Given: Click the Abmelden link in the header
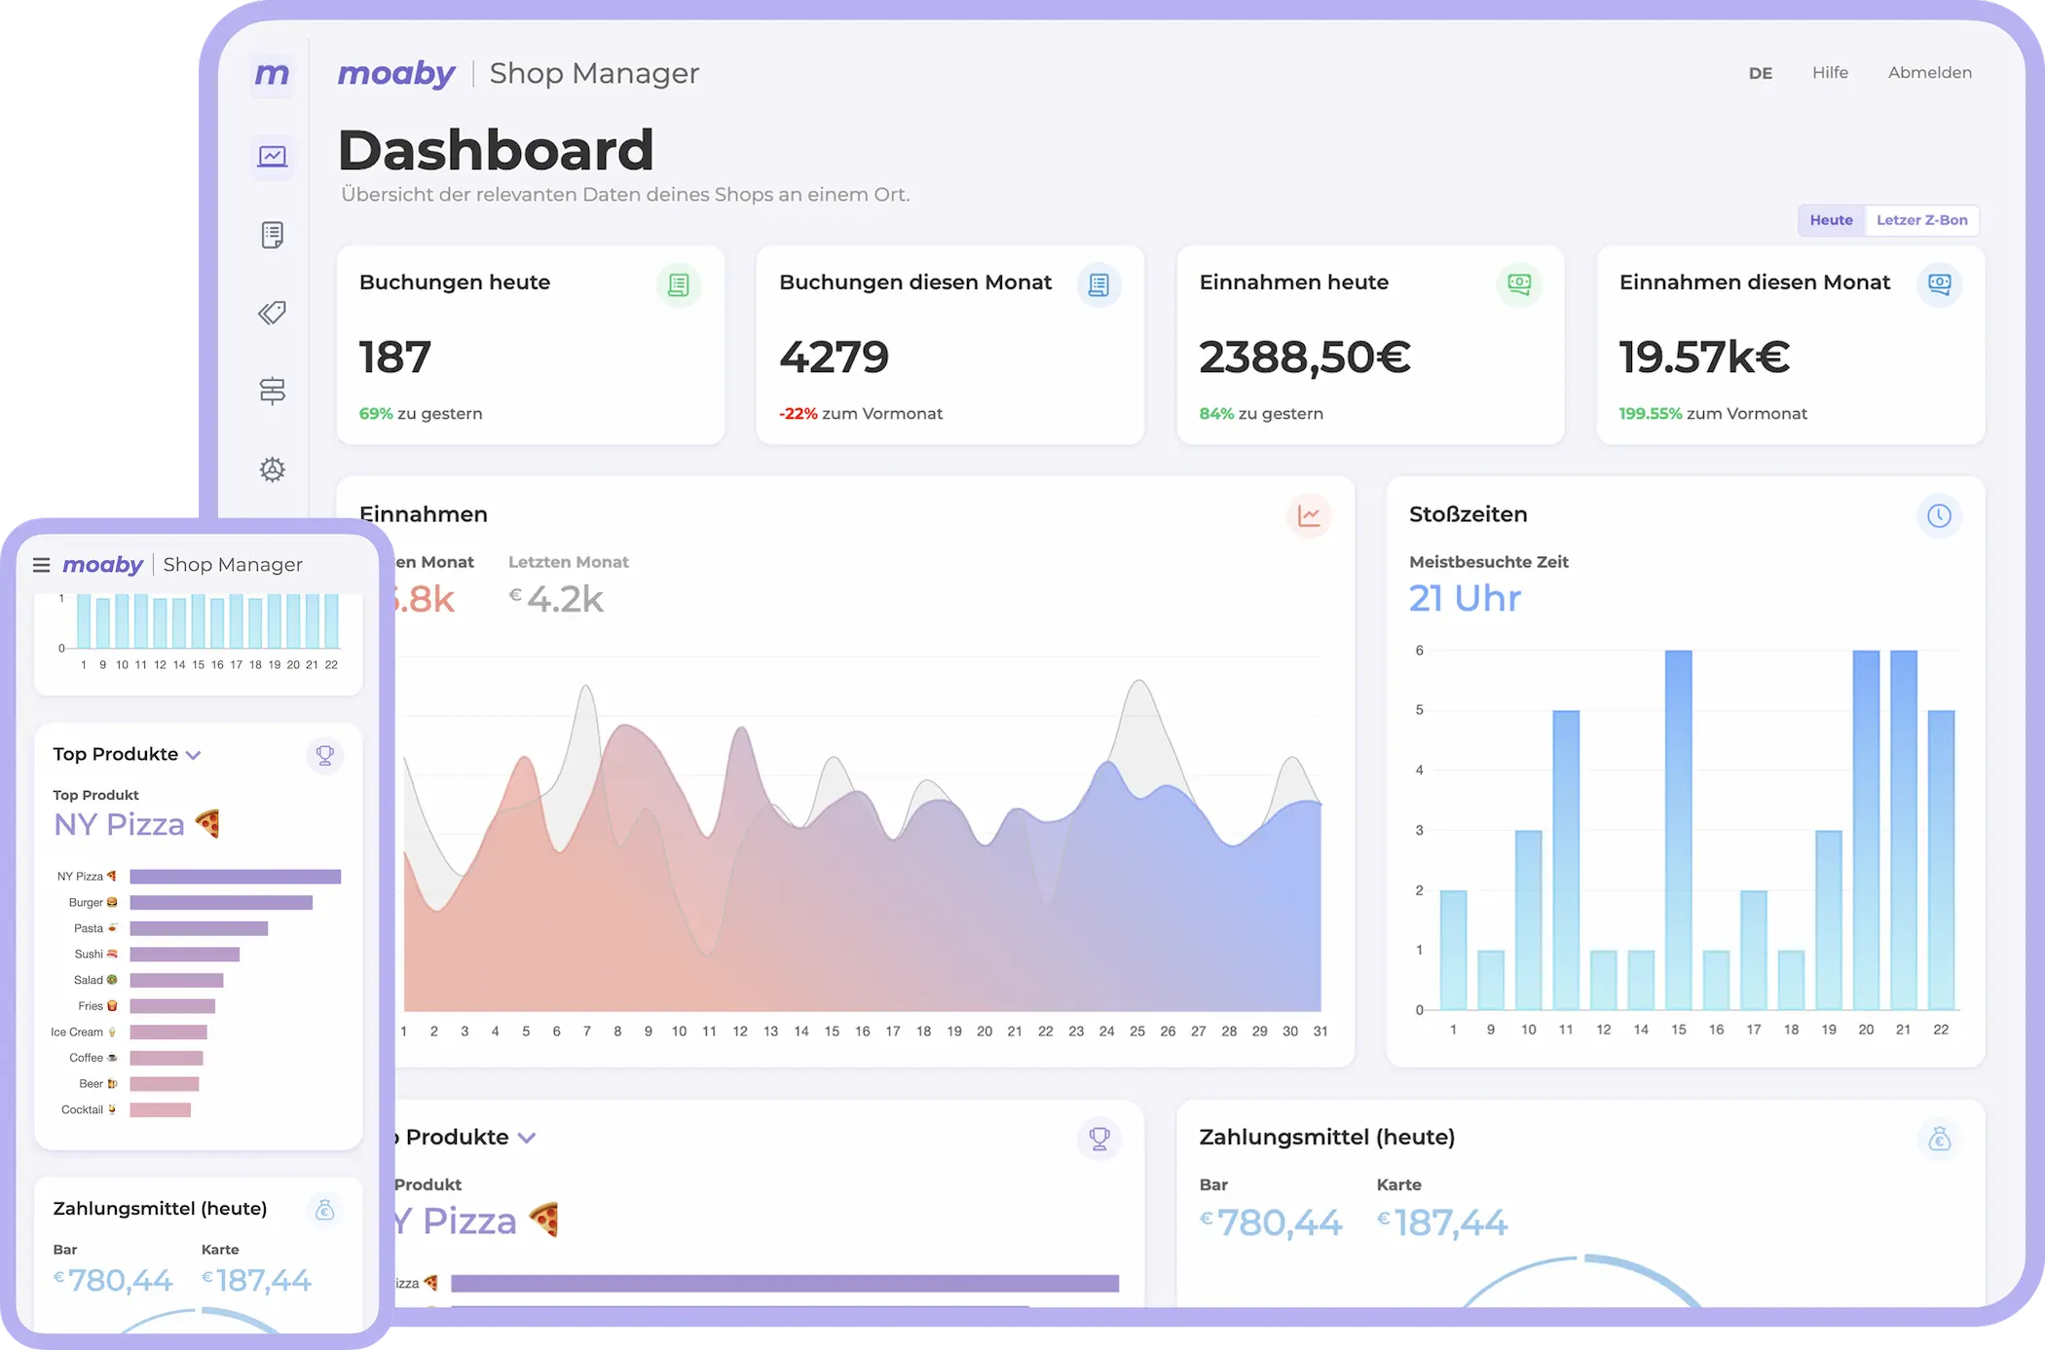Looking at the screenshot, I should (x=1929, y=73).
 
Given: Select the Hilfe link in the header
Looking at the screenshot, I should (x=1830, y=73).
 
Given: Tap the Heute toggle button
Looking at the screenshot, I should (x=1831, y=220).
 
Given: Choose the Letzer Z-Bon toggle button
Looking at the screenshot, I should (x=1921, y=220).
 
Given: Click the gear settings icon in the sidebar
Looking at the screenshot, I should (x=273, y=469).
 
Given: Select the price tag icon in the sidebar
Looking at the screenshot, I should (x=273, y=313).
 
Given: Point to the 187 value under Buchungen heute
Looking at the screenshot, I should (x=395, y=356).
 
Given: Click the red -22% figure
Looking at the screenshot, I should (x=799, y=414).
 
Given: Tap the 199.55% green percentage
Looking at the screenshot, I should (x=1650, y=414).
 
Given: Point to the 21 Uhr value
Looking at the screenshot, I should (x=1465, y=598).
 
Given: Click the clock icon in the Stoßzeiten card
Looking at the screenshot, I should (x=1939, y=515).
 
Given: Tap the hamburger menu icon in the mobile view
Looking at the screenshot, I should (x=41, y=565).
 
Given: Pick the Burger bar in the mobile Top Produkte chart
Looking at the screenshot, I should (x=221, y=903).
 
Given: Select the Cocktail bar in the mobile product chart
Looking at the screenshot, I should (x=161, y=1109).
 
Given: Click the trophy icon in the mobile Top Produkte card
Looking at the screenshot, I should (x=325, y=755).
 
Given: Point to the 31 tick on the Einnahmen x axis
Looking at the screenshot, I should (x=1320, y=1031).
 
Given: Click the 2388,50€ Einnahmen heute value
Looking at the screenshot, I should (x=1304, y=356).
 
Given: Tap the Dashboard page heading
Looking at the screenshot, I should (x=496, y=150).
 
